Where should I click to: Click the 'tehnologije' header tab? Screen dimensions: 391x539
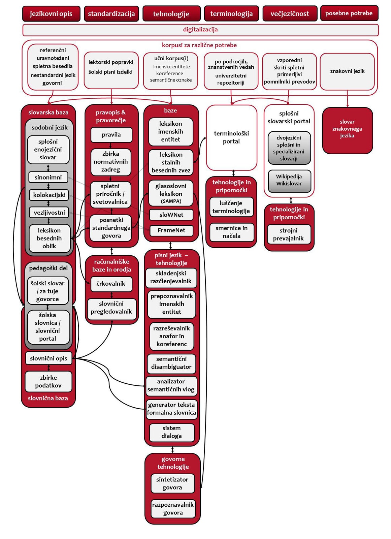[171, 14]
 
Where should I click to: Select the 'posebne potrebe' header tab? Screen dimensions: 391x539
[349, 13]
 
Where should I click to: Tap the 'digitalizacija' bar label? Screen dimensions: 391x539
[200, 30]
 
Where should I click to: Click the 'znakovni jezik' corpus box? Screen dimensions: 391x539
[347, 71]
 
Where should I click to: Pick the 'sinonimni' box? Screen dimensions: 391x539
[48, 177]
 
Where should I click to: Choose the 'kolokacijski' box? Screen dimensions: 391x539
[49, 195]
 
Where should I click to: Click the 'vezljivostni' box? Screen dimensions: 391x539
[49, 213]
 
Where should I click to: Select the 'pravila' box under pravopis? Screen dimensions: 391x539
[111, 135]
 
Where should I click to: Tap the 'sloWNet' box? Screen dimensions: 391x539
[171, 215]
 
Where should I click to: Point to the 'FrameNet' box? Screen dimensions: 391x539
[171, 230]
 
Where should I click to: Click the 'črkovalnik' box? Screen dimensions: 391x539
[111, 284]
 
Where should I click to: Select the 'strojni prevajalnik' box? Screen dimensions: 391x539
[289, 234]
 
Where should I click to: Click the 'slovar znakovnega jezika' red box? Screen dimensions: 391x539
[347, 130]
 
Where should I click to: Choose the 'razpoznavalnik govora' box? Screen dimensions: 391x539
[173, 508]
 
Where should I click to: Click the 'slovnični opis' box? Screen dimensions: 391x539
[48, 358]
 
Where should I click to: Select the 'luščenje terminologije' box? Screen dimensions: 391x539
[231, 207]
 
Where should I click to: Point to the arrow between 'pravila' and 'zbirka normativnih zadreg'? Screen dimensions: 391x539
[110, 145]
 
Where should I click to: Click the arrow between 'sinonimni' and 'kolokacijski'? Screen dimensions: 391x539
[48, 186]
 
